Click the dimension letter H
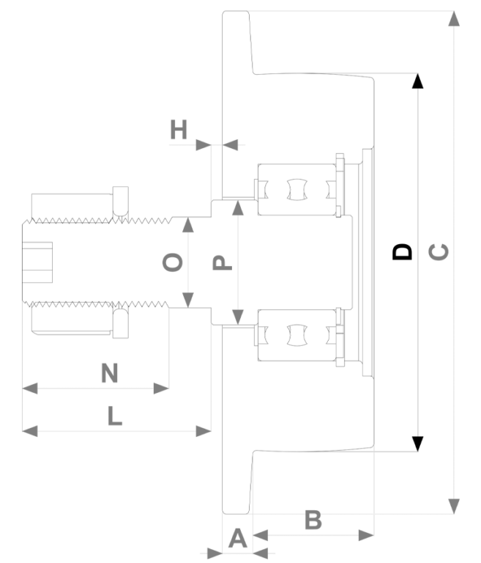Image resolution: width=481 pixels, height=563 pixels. pyautogui.click(x=179, y=130)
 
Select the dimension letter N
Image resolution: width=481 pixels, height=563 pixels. pyautogui.click(x=110, y=373)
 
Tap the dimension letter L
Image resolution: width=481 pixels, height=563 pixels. pyautogui.click(x=115, y=416)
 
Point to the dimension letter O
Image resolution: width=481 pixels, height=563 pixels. pyautogui.click(x=173, y=262)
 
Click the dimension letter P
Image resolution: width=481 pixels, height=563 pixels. pyautogui.click(x=223, y=262)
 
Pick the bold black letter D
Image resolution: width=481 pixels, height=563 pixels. pyautogui.click(x=402, y=251)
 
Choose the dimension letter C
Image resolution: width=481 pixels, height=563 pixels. pyautogui.click(x=439, y=251)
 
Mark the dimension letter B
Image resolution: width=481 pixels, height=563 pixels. pyautogui.click(x=313, y=520)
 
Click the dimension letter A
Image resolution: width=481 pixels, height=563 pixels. pyautogui.click(x=237, y=539)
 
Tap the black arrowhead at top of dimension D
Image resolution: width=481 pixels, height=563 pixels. pyautogui.click(x=417, y=81)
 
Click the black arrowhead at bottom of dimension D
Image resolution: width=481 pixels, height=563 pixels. pyautogui.click(x=417, y=444)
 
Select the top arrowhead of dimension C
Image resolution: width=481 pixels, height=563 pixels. pyautogui.click(x=454, y=18)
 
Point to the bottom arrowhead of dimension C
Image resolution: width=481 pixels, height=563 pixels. pyautogui.click(x=454, y=507)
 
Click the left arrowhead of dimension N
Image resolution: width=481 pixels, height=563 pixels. pyautogui.click(x=30, y=388)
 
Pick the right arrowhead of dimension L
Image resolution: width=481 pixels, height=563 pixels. pyautogui.click(x=204, y=431)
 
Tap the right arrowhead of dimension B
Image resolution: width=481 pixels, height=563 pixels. pyautogui.click(x=366, y=535)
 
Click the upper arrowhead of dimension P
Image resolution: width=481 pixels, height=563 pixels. pyautogui.click(x=238, y=208)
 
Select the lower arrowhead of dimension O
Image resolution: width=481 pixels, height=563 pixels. pyautogui.click(x=188, y=300)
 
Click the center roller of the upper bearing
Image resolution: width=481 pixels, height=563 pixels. pyautogui.click(x=297, y=189)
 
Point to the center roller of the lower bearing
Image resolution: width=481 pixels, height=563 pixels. pyautogui.click(x=297, y=335)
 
